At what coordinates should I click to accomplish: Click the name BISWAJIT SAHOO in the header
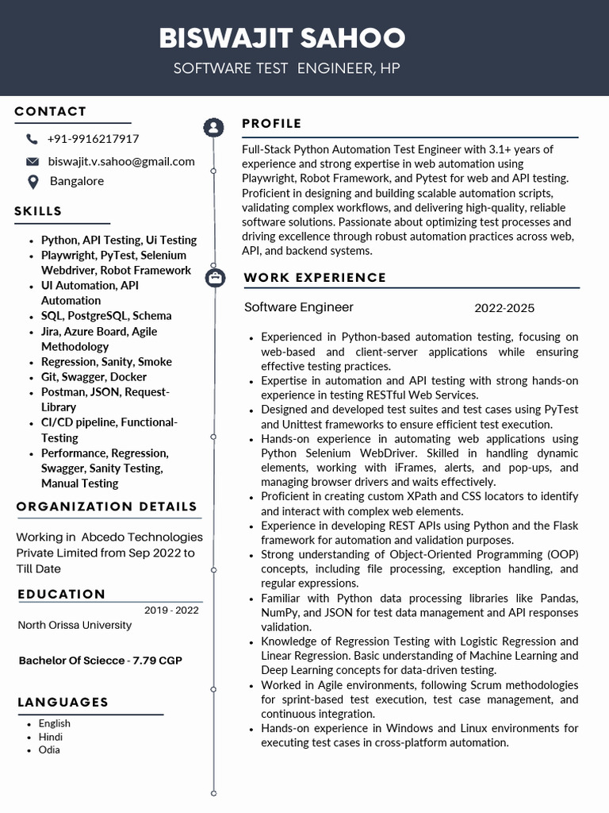(282, 37)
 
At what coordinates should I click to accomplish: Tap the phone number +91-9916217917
(93, 139)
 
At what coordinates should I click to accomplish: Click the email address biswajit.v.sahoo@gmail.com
(121, 161)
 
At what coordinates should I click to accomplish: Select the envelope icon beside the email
(33, 161)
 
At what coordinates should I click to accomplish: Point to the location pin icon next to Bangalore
(33, 182)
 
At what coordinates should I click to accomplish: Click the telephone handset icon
(32, 139)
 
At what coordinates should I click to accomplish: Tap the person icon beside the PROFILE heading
(213, 127)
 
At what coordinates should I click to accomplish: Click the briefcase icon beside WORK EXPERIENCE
(213, 278)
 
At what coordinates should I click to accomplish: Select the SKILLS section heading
(38, 211)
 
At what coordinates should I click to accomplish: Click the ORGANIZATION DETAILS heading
(107, 507)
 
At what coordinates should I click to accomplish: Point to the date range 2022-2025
(504, 308)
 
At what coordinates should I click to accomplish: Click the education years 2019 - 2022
(171, 610)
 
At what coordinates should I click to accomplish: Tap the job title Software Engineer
(299, 307)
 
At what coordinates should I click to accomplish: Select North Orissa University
(75, 625)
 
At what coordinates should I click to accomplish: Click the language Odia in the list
(49, 749)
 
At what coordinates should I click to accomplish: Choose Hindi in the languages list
(50, 737)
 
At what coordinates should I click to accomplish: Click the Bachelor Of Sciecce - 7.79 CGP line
(100, 661)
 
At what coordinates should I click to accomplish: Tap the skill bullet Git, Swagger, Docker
(94, 376)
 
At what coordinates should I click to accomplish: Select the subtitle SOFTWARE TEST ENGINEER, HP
(286, 68)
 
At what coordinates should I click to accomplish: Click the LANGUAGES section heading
(63, 702)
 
